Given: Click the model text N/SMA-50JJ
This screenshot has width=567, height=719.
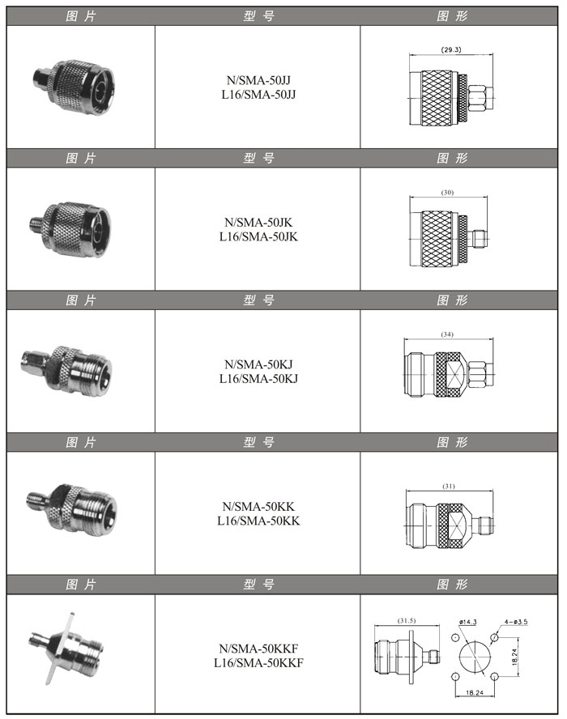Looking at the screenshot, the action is click(258, 80).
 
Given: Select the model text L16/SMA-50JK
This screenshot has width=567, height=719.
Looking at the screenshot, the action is click(258, 236).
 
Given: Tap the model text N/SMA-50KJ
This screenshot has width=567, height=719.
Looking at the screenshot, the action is click(258, 364).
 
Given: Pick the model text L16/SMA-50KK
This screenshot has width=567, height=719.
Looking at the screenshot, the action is click(258, 521).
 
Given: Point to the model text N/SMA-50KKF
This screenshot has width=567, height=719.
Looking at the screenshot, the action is click(258, 649).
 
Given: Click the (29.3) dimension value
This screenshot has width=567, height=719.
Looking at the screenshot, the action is click(451, 49).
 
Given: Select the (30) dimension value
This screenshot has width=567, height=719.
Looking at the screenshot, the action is click(447, 193).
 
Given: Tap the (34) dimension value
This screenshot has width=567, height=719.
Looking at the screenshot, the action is click(447, 334).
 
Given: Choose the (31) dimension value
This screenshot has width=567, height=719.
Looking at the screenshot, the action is click(449, 486).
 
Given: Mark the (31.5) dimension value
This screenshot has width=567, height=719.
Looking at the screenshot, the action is click(407, 620).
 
